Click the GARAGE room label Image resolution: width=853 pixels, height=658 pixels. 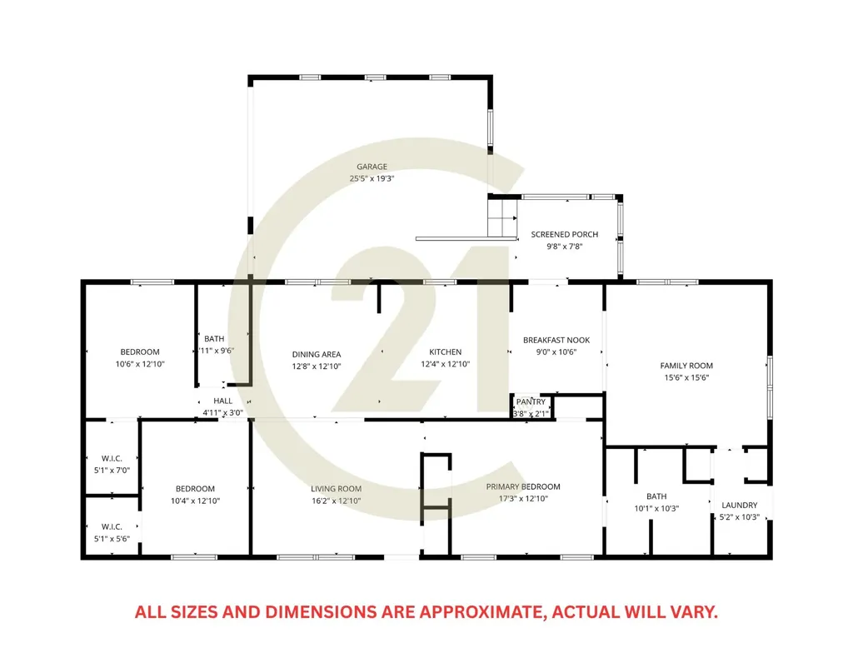(372, 167)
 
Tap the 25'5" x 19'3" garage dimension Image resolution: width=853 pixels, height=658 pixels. (372, 178)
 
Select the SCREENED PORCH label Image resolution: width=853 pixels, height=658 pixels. (565, 234)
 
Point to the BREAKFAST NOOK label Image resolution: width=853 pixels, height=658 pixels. (556, 340)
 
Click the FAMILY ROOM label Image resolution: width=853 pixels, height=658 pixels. (686, 366)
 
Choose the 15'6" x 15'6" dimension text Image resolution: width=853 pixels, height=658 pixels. (686, 377)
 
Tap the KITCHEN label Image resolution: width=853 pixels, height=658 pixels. (446, 351)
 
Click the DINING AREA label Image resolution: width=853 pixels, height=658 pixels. (317, 354)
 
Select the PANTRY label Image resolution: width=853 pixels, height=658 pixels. (531, 401)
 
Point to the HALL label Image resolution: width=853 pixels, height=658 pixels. (223, 401)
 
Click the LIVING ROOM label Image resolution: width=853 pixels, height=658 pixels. (337, 489)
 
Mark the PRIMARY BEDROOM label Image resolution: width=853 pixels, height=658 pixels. (523, 486)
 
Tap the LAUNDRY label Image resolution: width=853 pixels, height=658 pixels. (740, 506)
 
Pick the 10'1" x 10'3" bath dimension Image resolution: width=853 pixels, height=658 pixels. (656, 508)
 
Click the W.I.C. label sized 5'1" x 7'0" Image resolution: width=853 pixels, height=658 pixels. (112, 458)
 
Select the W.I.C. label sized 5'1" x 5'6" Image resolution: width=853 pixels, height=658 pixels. (112, 526)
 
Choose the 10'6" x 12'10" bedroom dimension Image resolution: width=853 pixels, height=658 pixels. (140, 364)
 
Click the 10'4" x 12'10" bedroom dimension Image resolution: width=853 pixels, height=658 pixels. (195, 501)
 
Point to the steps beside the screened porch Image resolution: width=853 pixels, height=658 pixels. (501, 218)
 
